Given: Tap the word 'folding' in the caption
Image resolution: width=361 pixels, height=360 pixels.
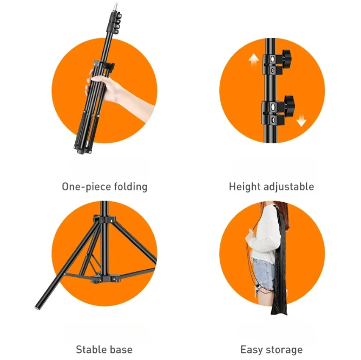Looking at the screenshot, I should [x=130, y=187].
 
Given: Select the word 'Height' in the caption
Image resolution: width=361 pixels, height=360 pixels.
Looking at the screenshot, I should [x=245, y=187].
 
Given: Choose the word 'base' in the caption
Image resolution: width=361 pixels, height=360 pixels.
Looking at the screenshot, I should [x=121, y=350].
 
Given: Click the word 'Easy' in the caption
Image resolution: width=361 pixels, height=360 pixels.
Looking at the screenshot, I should [x=252, y=350].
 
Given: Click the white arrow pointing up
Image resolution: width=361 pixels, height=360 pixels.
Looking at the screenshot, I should [x=253, y=60].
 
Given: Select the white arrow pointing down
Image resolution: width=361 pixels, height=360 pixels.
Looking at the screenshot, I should [x=301, y=120].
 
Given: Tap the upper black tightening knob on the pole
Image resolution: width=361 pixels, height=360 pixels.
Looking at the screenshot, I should [x=285, y=56].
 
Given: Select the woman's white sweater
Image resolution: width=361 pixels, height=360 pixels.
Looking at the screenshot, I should [x=265, y=232].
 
